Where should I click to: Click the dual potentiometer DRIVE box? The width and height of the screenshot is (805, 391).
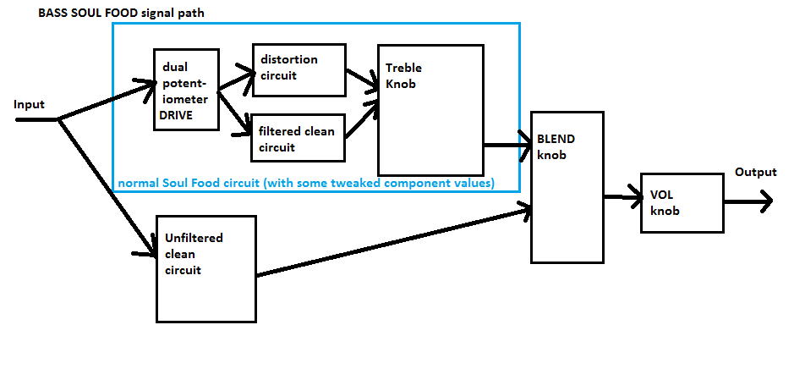pos(186,90)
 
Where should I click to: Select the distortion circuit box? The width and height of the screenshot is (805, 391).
pos(298,70)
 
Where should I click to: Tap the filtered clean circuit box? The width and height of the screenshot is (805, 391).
pos(298,138)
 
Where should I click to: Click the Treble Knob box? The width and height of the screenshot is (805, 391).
pos(430,110)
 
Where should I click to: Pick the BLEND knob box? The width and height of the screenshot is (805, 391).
pos(567,187)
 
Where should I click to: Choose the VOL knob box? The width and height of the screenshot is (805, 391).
pos(682,203)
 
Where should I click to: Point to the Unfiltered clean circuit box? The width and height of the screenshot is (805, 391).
pos(205,269)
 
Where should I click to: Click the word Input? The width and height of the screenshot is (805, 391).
pos(30,105)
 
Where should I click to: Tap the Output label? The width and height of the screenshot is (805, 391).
pos(756,172)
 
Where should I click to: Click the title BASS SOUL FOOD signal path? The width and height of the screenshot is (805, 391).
pos(121,14)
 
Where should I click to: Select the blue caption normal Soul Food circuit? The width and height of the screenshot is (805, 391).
pos(306,184)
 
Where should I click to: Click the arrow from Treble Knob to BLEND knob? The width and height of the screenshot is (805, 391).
pos(507,145)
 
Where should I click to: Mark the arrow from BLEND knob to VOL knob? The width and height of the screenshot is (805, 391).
pos(623,196)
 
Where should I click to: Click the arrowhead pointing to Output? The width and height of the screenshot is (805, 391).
pos(765,201)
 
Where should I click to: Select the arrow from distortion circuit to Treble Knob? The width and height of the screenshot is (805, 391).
pos(363,80)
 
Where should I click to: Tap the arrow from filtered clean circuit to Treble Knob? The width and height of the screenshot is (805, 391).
pos(363,120)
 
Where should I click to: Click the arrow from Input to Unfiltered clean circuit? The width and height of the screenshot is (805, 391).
pos(107,187)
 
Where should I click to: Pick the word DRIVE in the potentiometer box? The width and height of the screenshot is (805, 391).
pos(176,116)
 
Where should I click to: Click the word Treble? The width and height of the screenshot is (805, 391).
pos(403,69)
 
